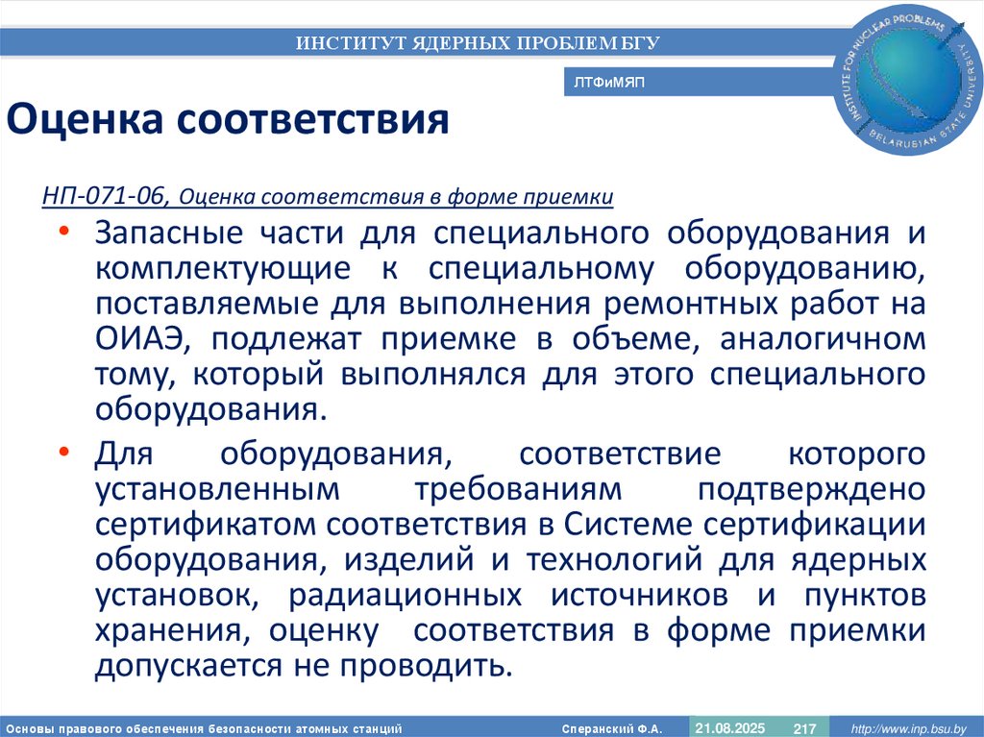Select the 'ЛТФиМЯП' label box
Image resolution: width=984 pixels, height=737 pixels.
coord(609,84)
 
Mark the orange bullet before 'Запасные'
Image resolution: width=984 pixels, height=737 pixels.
coord(63,233)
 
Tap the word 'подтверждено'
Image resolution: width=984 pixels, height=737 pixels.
coord(813,489)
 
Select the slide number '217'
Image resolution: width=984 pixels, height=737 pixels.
coord(804,728)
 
